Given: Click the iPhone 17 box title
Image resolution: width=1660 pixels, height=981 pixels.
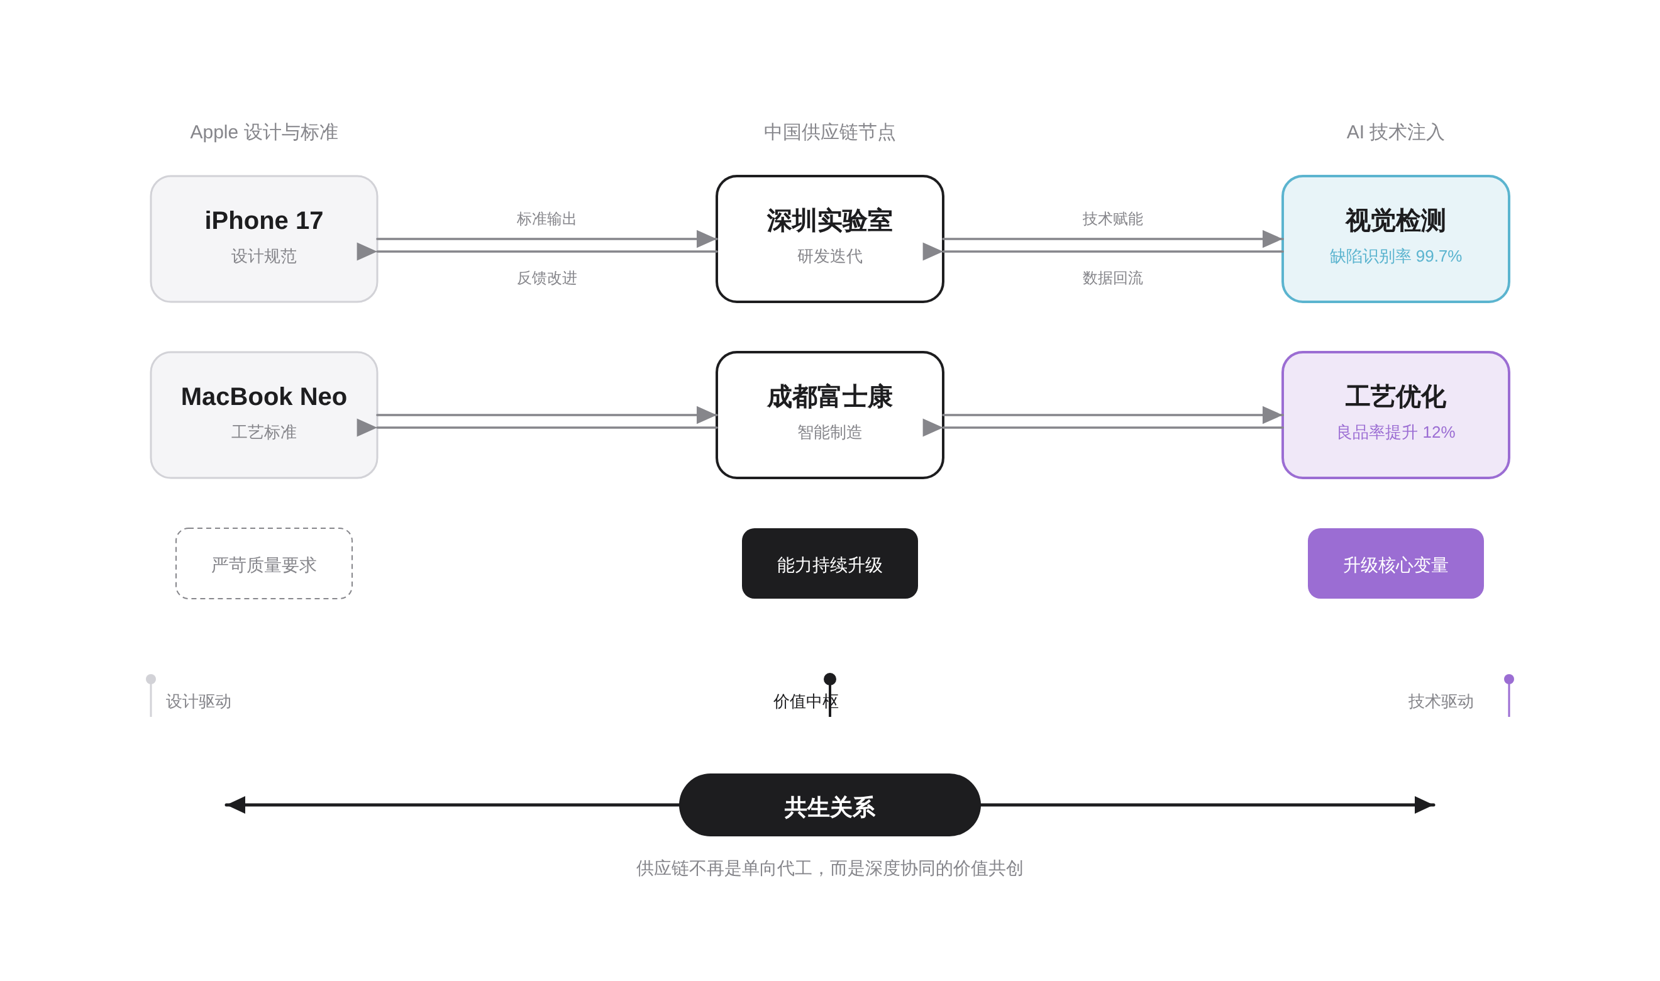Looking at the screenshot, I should [x=263, y=220].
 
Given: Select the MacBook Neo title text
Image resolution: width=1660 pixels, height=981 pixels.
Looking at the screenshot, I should [x=263, y=397].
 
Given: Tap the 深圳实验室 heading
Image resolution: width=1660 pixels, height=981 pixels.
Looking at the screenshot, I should [x=829, y=220].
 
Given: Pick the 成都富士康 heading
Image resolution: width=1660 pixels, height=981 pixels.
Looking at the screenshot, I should [x=829, y=397].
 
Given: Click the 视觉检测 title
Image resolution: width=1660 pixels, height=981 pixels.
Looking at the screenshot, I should [x=1395, y=220].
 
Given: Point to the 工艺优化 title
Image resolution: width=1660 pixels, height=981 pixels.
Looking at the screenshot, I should [x=1395, y=397].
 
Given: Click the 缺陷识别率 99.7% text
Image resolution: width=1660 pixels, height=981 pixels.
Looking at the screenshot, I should [x=1395, y=256].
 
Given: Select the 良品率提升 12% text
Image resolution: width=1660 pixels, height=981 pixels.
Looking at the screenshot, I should [x=1395, y=432].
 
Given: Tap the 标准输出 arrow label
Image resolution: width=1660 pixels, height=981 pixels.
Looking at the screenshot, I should [x=546, y=219].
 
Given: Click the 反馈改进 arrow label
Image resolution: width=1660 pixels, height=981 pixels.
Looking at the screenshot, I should [x=546, y=278].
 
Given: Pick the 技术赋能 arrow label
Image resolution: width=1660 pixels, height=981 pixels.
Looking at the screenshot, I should [x=1112, y=219].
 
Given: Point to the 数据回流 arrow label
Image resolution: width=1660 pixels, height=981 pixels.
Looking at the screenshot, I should [x=1112, y=278].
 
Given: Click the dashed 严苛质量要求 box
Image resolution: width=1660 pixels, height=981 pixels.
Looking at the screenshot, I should [x=263, y=564].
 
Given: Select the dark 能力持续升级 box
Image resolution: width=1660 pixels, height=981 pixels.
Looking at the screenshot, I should [x=829, y=564].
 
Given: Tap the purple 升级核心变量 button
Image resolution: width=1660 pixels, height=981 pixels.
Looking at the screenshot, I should [x=1395, y=564].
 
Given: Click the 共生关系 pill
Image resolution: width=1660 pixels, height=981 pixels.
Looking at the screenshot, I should [x=829, y=806].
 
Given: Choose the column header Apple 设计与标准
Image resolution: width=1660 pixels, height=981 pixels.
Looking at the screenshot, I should [x=263, y=132].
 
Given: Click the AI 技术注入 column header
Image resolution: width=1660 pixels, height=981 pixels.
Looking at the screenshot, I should [x=1395, y=132].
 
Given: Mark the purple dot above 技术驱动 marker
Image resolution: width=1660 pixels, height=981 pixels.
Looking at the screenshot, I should [x=1508, y=679].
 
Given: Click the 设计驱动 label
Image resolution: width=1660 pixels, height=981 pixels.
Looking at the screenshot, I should [x=197, y=701].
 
